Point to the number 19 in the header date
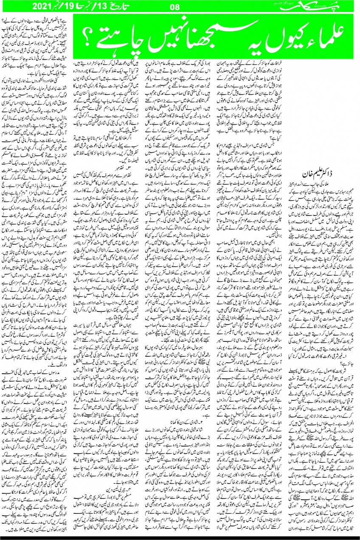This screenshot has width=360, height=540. click(48, 6)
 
